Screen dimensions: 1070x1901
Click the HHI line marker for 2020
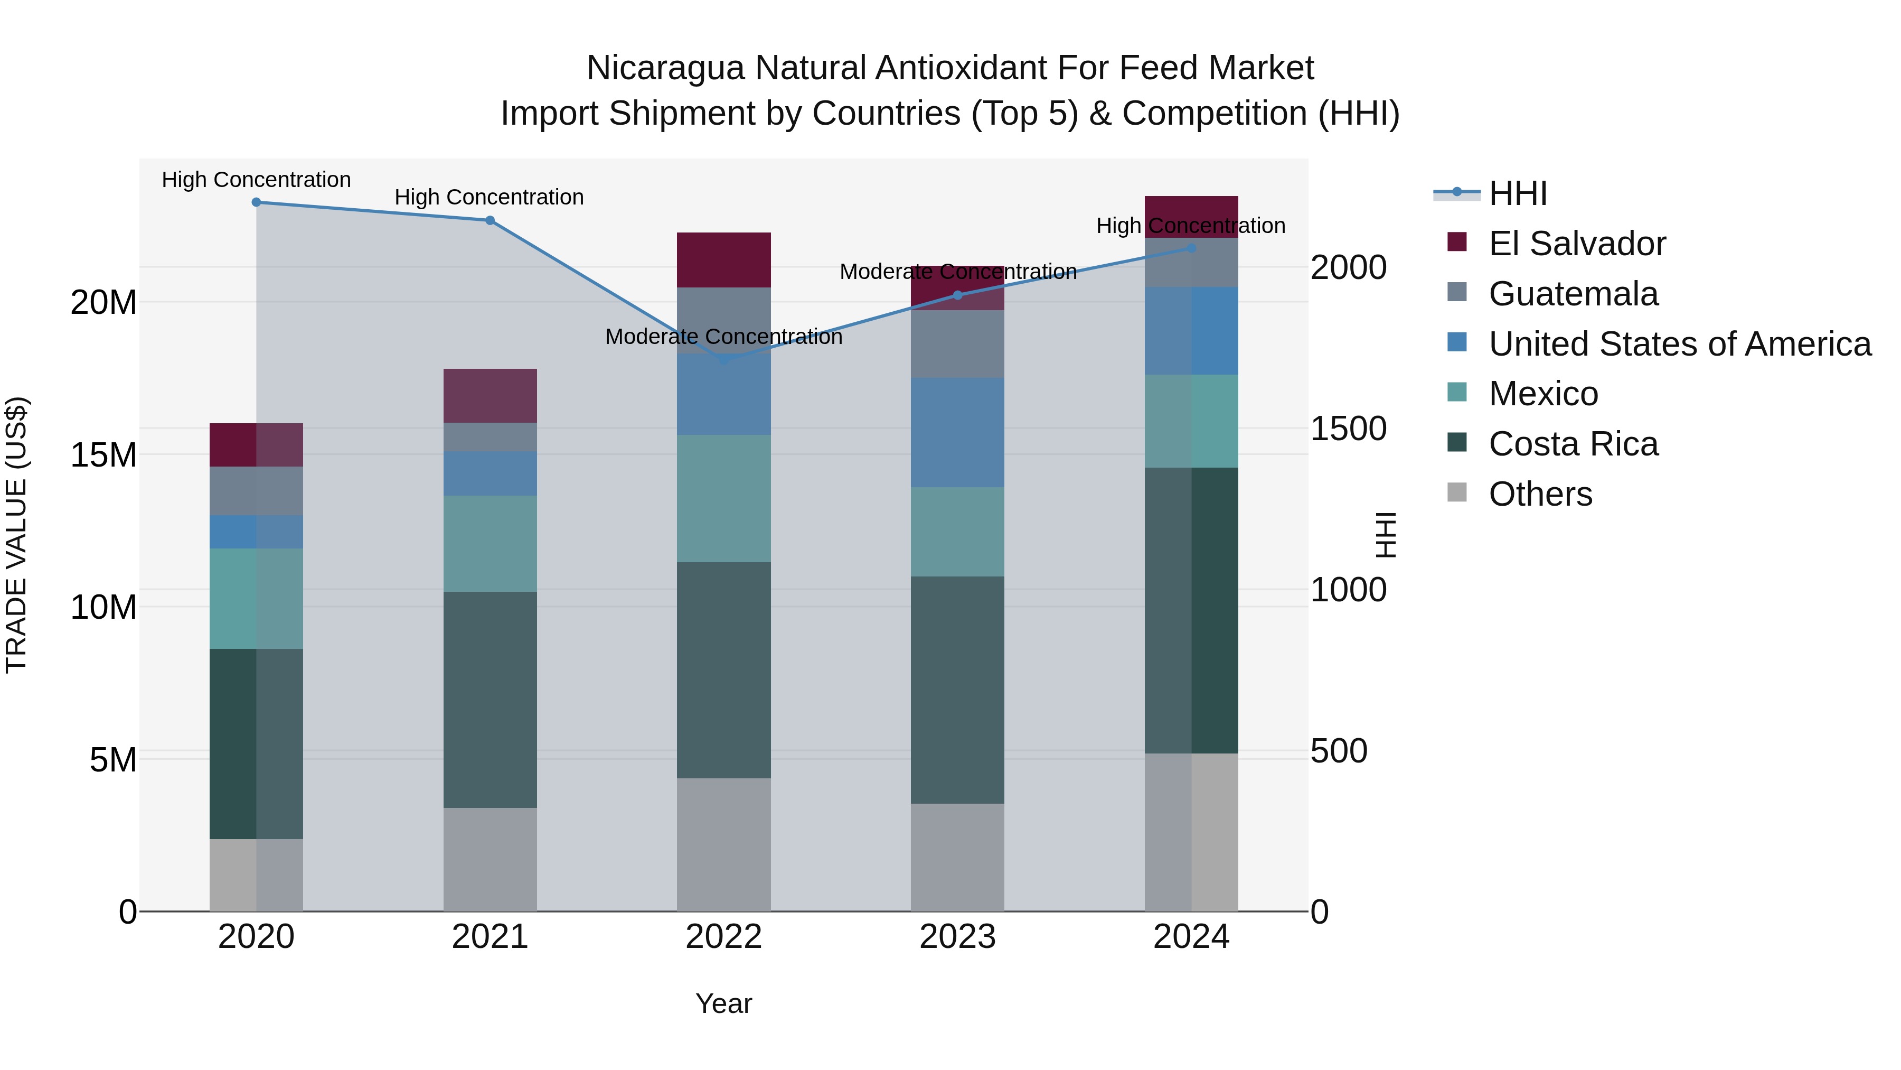(x=256, y=202)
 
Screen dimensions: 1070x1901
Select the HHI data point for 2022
(x=723, y=360)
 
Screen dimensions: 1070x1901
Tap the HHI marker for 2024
(x=1191, y=248)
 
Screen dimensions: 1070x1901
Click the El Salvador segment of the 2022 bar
(x=723, y=259)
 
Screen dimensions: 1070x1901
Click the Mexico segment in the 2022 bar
(x=723, y=498)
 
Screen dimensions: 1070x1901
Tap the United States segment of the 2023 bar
(x=957, y=432)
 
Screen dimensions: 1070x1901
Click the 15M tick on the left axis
(x=103, y=455)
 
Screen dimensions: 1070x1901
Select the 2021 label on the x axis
(x=490, y=937)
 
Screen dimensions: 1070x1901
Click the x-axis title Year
(x=723, y=1003)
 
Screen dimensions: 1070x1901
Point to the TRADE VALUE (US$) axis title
(x=16, y=535)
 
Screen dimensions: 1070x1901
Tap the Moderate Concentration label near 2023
(x=958, y=272)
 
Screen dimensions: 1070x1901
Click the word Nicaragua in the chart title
(x=664, y=68)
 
